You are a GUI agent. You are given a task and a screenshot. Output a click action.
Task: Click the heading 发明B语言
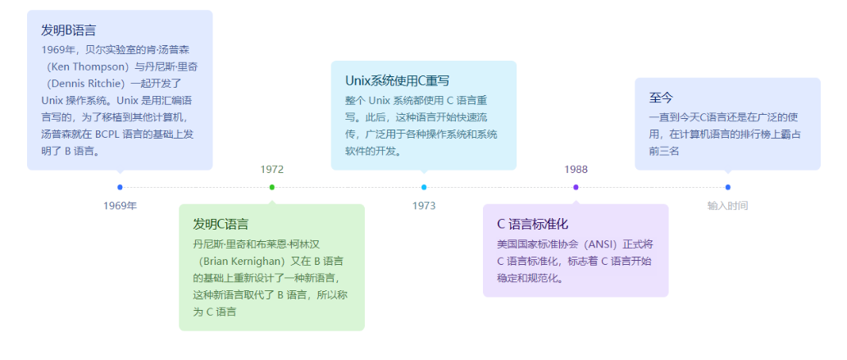pos(69,30)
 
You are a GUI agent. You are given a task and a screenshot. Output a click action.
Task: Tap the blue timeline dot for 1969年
pos(121,187)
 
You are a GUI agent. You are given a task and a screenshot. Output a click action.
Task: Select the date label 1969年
pos(121,206)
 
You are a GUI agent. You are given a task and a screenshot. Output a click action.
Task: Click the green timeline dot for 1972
pos(272,187)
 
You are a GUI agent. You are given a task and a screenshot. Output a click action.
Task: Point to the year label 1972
pos(271,170)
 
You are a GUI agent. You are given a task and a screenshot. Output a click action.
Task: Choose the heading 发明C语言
pos(221,224)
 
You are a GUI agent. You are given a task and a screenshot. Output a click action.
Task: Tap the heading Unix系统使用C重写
pos(397,80)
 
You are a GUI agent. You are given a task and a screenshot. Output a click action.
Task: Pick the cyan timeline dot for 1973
pos(424,187)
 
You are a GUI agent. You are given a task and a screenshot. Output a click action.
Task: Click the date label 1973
pos(424,206)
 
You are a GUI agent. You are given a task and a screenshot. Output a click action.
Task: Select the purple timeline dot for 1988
pos(576,187)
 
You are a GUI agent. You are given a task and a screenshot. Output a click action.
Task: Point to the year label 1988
pos(576,170)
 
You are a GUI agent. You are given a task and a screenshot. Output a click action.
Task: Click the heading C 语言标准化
pos(532,224)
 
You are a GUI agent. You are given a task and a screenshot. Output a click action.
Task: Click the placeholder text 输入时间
pos(727,206)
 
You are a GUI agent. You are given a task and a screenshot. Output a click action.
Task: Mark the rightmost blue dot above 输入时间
pos(728,187)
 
